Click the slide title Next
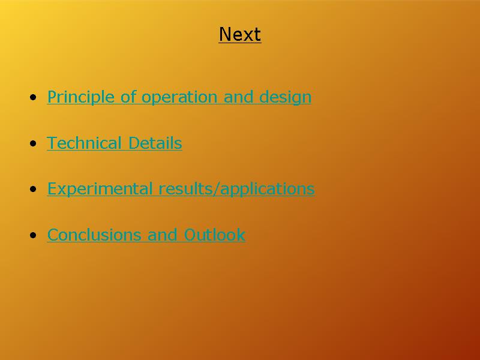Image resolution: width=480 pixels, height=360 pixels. tap(240, 34)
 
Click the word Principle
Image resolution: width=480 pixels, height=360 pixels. tap(81, 97)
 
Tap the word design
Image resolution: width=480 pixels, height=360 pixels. tap(286, 97)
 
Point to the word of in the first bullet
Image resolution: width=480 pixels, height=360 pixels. tap(128, 97)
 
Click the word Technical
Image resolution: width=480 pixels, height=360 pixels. tap(84, 143)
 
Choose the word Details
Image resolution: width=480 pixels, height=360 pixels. tap(155, 143)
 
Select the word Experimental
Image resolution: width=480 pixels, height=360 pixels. tap(100, 188)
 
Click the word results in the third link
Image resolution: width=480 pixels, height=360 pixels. tap(186, 188)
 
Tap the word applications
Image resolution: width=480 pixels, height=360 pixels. tap(267, 189)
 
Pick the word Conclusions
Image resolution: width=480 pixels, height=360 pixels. tap(94, 235)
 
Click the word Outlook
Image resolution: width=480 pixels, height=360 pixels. tap(215, 235)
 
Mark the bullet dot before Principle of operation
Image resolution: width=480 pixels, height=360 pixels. tap(33, 98)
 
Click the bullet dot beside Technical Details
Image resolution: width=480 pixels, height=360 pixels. tap(33, 143)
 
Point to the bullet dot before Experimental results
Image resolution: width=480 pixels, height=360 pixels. tap(33, 189)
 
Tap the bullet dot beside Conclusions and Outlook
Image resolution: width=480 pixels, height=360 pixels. tap(33, 235)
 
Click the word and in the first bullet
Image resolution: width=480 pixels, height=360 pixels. tap(238, 97)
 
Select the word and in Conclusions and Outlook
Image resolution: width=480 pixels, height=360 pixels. tap(163, 235)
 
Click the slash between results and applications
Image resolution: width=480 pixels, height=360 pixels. tap(217, 189)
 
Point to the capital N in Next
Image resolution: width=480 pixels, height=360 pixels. tap(224, 34)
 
